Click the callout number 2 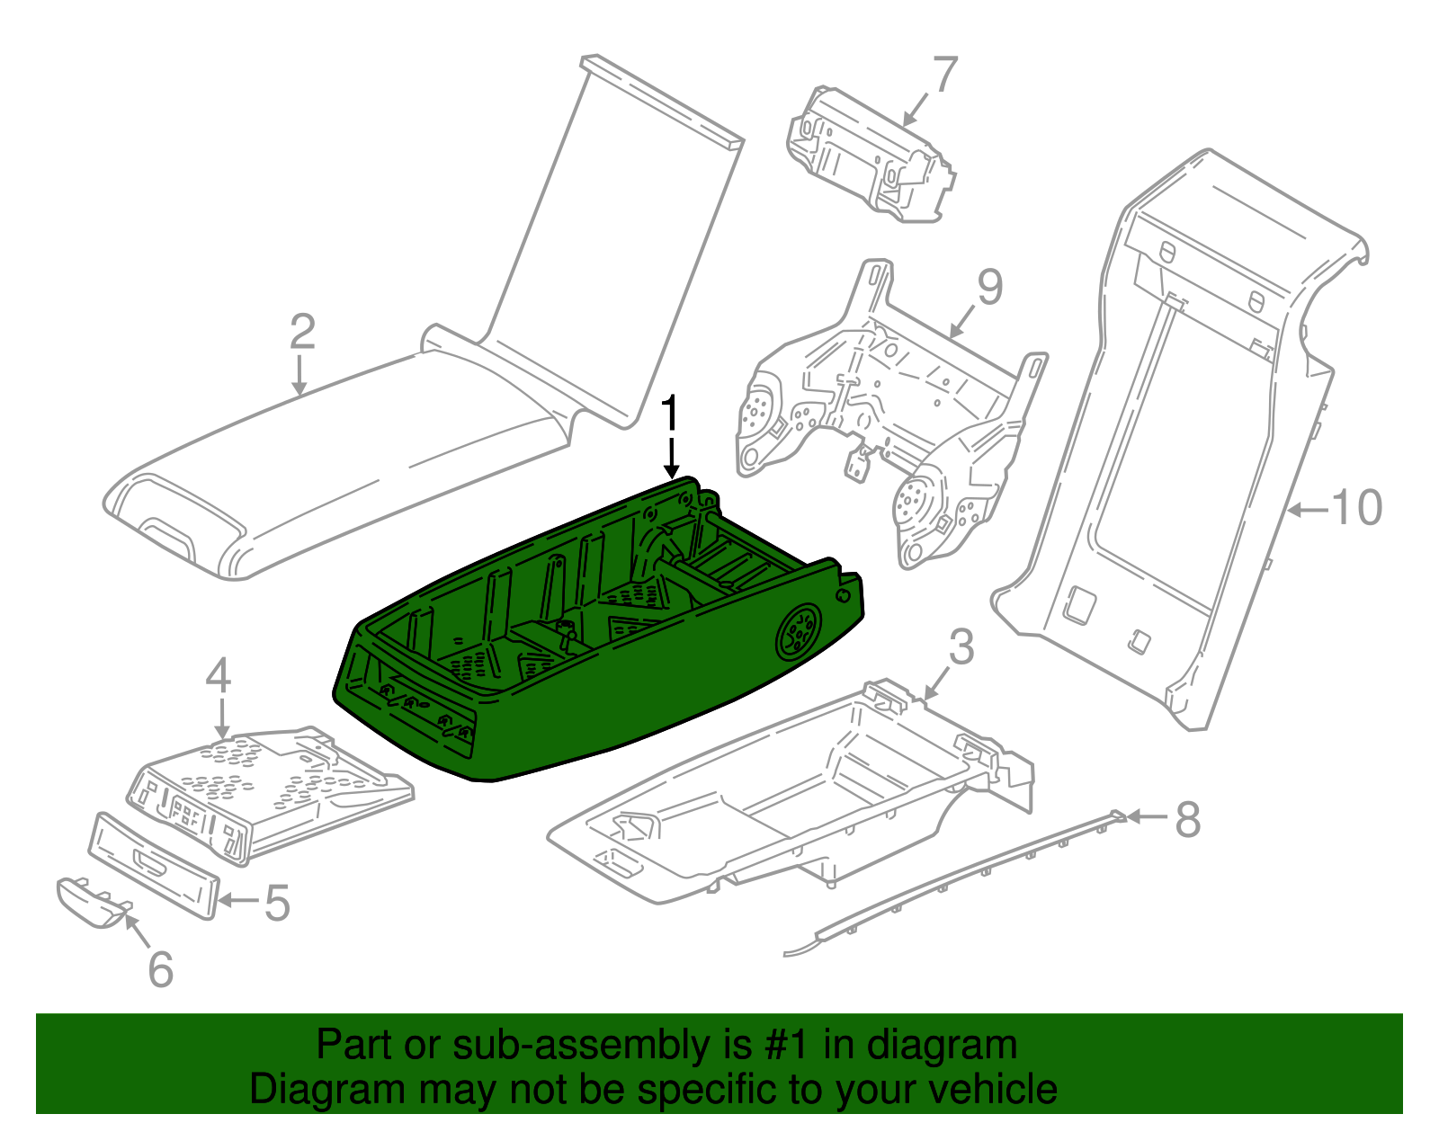point(302,333)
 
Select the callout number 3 point(961,647)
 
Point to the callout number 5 point(276,902)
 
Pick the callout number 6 point(160,969)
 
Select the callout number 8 point(1188,819)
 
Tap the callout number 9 point(989,288)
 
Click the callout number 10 point(1356,509)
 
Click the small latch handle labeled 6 point(90,902)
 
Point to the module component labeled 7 point(868,155)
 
